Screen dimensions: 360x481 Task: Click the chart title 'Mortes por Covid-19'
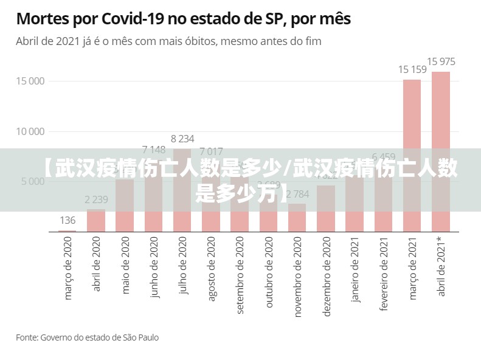pyautogui.click(x=183, y=19)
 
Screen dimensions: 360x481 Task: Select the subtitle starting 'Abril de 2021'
pyautogui.click(x=168, y=42)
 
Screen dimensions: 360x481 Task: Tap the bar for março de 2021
pyautogui.click(x=412, y=155)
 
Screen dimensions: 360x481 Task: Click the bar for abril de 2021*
pyautogui.click(x=441, y=151)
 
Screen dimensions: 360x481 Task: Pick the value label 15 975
pyautogui.click(x=441, y=61)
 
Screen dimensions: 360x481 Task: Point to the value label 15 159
pyautogui.click(x=412, y=69)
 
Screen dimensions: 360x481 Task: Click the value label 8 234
pyautogui.click(x=182, y=139)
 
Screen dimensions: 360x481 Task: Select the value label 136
pyautogui.click(x=67, y=220)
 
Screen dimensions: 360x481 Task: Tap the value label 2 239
pyautogui.click(x=96, y=199)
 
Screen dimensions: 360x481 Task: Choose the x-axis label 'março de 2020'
pyautogui.click(x=68, y=268)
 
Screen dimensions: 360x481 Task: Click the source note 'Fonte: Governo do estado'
pyautogui.click(x=87, y=337)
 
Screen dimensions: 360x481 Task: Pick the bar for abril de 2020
pyautogui.click(x=96, y=220)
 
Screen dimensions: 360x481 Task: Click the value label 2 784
pyautogui.click(x=297, y=195)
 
